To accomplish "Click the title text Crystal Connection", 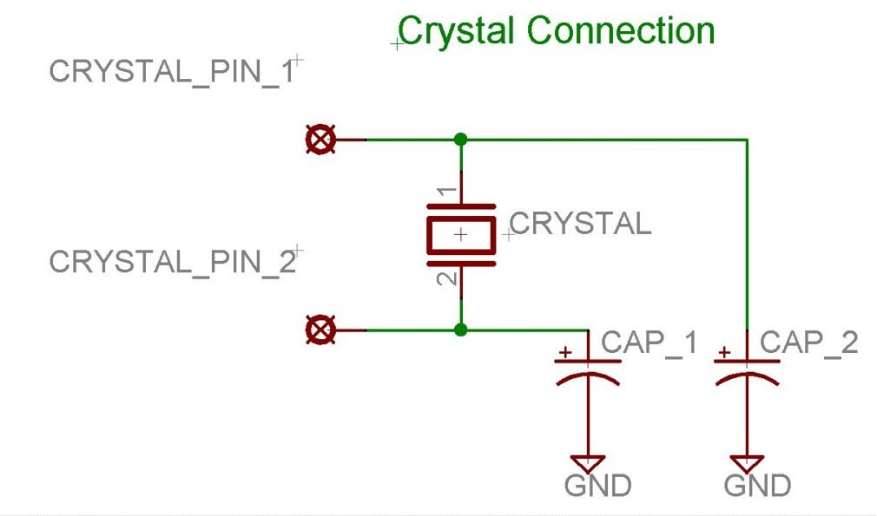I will (x=556, y=31).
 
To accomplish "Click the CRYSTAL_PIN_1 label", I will (x=172, y=72).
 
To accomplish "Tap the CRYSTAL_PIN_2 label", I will (x=172, y=262).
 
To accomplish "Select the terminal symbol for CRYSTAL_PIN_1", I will (x=321, y=139).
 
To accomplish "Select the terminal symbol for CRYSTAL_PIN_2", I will (x=321, y=330).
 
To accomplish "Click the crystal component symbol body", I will (x=460, y=234).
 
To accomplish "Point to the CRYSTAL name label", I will (x=580, y=224).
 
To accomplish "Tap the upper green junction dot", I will (x=460, y=139).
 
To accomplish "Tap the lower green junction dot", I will (x=460, y=330).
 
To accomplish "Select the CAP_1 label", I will (x=650, y=343).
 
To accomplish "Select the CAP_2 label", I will (x=809, y=343).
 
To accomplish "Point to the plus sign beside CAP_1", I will (x=565, y=352).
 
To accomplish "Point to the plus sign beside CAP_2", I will (x=723, y=352).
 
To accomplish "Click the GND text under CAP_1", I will (x=597, y=486).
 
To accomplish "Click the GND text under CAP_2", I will (x=757, y=486).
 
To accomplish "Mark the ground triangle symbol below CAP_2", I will (x=748, y=462).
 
